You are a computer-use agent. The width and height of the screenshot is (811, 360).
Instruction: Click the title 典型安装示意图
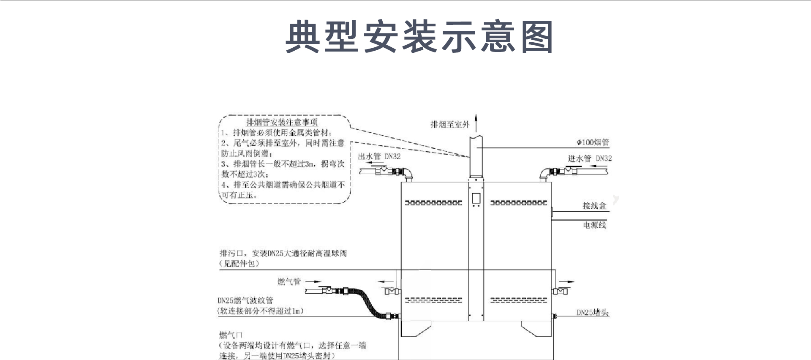[x=419, y=37]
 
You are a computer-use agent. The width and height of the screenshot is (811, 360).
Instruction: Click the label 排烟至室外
[x=450, y=124]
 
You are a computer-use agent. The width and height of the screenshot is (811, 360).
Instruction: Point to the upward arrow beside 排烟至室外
[x=476, y=123]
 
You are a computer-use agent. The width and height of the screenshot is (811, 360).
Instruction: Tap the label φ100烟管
[x=593, y=142]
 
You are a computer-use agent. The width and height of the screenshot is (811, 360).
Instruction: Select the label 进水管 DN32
[x=589, y=158]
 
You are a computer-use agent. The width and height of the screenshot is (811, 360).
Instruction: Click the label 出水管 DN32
[x=379, y=156]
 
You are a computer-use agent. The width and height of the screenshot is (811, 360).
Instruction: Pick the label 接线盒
[x=594, y=206]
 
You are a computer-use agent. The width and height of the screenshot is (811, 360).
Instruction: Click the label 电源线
[x=594, y=225]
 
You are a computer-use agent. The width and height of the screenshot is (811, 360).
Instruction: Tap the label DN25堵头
[x=593, y=313]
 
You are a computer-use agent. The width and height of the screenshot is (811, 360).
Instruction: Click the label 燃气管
[x=289, y=282]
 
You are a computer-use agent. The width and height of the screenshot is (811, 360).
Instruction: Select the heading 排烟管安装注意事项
[x=282, y=123]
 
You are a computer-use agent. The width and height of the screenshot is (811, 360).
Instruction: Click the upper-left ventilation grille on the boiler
[x=433, y=203]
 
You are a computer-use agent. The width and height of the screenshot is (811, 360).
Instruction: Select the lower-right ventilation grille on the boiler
[x=518, y=300]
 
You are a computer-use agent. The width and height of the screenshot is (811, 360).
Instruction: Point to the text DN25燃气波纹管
[x=245, y=301]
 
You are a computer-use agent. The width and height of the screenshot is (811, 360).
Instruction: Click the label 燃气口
[x=231, y=335]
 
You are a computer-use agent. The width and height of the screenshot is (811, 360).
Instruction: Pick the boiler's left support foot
[x=416, y=329]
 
